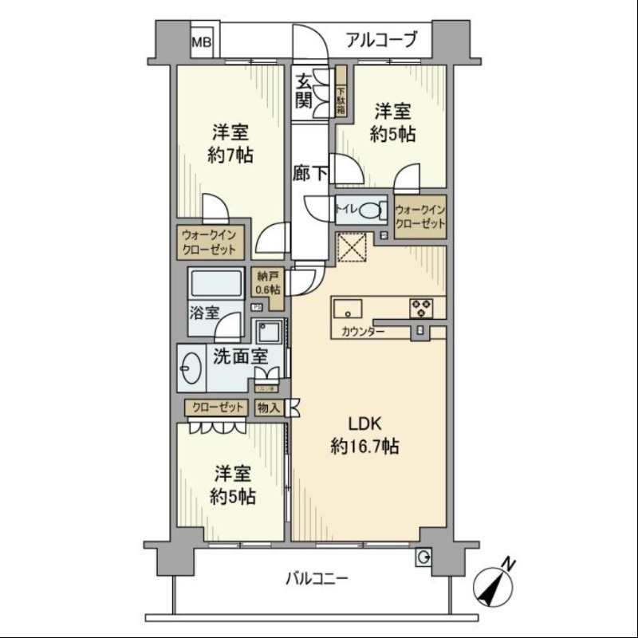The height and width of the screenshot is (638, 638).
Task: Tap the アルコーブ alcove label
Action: pos(381,39)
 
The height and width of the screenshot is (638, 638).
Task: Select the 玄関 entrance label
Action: pos(304,90)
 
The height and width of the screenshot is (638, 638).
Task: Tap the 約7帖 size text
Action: pos(230,155)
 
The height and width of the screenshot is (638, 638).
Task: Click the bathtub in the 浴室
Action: pos(215,283)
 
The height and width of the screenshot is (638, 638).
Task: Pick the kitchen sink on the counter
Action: pos(349,307)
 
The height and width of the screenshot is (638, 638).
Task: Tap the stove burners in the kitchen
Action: pos(421,307)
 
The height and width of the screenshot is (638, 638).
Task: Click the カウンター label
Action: pos(363,331)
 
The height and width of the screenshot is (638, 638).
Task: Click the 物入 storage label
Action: pos(269,408)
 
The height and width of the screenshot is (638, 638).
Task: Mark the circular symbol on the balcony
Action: pos(423,557)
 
